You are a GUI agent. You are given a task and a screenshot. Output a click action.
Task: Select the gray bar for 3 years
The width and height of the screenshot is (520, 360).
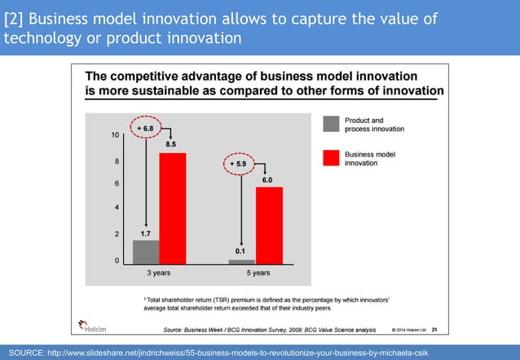[146, 252]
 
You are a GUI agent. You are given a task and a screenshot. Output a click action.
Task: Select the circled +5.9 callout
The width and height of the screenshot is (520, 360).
[242, 163]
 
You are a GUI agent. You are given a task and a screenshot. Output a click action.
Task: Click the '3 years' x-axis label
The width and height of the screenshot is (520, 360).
[159, 274]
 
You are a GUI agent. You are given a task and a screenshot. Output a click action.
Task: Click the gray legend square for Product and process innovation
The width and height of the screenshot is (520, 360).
[331, 124]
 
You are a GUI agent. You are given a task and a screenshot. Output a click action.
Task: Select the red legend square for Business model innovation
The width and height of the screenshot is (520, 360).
[331, 158]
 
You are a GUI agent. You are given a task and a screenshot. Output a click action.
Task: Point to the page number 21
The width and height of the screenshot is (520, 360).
[434, 330]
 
